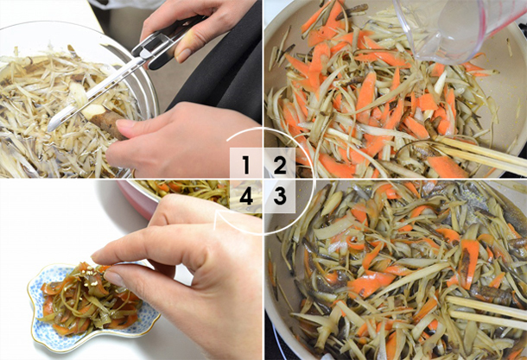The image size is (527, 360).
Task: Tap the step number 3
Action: (279, 197)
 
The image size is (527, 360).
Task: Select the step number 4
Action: (246, 197)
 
